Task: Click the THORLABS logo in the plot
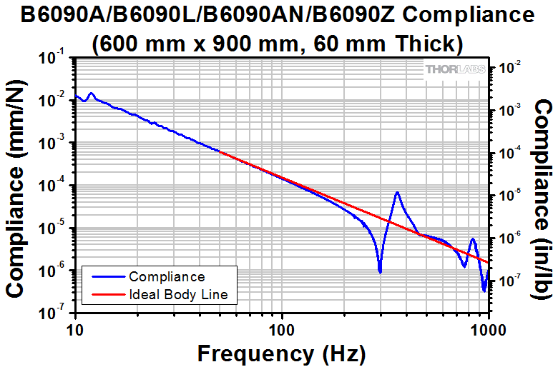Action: coord(456,70)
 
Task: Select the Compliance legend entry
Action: coord(166,276)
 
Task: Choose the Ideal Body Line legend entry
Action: coord(178,293)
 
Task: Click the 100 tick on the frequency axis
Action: coord(282,329)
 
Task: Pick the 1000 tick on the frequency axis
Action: coord(486,329)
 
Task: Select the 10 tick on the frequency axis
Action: coord(75,329)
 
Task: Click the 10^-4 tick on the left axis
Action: coord(54,187)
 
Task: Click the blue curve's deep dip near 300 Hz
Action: coord(379,271)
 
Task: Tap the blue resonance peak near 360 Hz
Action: coord(396,193)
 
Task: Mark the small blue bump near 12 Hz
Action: coord(91,94)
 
